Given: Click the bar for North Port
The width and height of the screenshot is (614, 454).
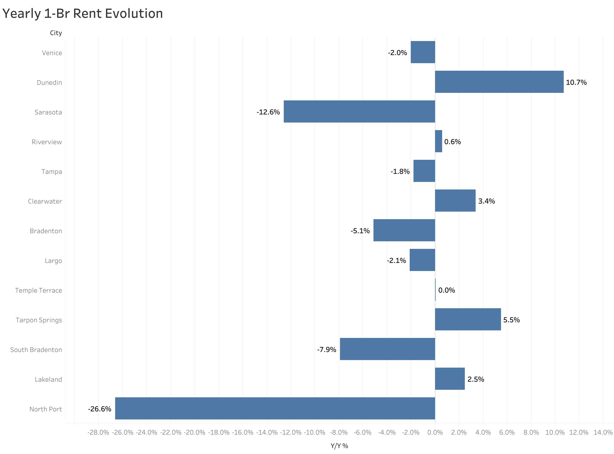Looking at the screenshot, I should coord(275,408).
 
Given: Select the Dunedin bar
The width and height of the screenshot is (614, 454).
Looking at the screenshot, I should coord(499,82).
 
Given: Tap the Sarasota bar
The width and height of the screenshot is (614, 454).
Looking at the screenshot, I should coord(359,111).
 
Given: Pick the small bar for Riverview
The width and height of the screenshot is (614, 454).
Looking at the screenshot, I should coord(439,141).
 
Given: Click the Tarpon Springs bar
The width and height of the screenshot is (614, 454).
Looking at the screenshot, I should coord(468,319).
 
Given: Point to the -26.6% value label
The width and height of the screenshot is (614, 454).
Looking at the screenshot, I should coord(99,409).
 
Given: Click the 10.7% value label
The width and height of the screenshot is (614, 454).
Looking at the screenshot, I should coord(576,82).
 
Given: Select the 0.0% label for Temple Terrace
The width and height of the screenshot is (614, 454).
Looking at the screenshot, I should coord(446,290).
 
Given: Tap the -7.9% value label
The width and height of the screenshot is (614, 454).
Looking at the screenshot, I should coord(326,350).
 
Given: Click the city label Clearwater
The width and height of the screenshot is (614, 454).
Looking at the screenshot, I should coord(45,201).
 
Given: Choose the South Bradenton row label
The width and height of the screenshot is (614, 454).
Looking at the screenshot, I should coord(36,350).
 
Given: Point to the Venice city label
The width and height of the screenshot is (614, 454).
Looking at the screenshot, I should coord(52,53).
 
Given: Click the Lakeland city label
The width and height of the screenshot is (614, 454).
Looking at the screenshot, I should coord(48,380).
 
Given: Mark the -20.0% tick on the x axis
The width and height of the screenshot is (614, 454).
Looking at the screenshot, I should coord(195,433).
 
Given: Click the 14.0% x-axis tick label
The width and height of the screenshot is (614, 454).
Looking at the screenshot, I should coord(603,433).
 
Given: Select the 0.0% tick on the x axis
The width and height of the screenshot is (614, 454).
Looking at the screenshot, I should coord(435,433).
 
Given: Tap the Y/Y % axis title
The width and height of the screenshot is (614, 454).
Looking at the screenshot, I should coord(339,446).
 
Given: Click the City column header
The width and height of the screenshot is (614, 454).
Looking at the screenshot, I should coord(56,33).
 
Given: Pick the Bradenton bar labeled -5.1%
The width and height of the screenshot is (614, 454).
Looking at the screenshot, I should coord(404,230).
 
